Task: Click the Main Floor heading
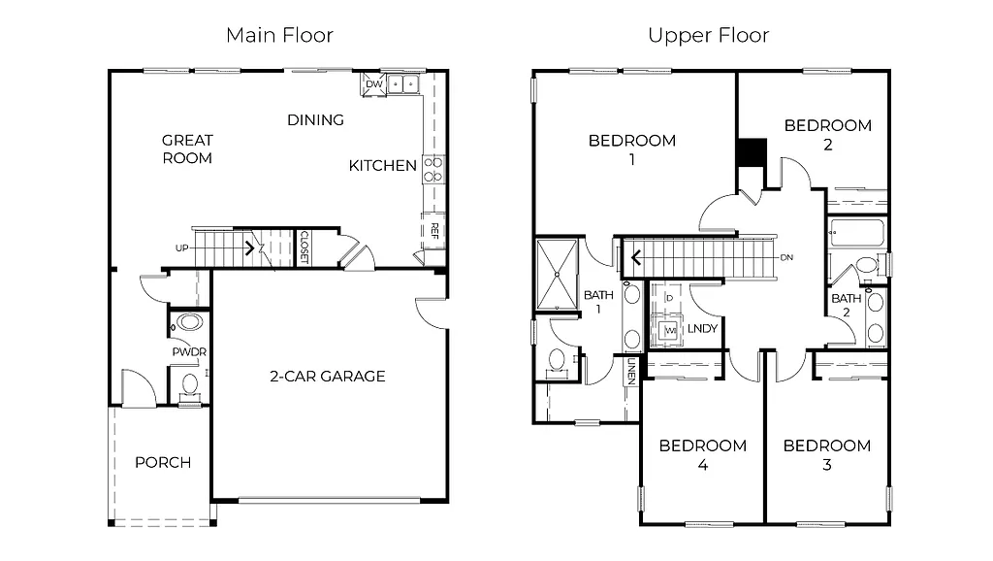(279, 36)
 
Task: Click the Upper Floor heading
(708, 36)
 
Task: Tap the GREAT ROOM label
(187, 148)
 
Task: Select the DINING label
(315, 120)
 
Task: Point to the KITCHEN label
(382, 166)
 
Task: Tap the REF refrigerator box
(433, 231)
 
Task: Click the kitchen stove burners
(433, 170)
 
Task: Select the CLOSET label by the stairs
(304, 247)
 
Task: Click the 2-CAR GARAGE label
(327, 377)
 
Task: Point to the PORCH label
(163, 462)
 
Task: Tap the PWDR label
(189, 351)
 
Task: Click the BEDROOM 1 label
(632, 149)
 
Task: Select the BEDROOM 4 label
(702, 455)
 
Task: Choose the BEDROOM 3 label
(826, 455)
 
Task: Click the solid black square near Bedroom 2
(752, 153)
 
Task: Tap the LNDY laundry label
(702, 329)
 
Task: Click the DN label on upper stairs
(787, 257)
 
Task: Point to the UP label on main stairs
(181, 248)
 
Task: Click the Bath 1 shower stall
(557, 275)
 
